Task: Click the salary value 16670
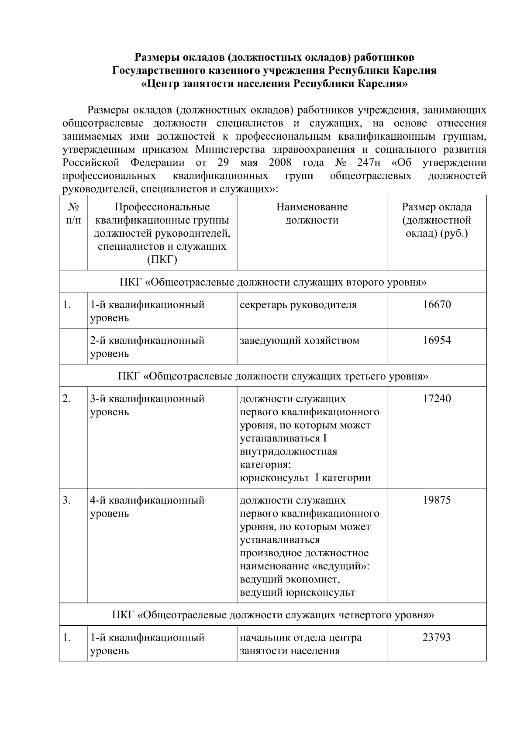point(436,304)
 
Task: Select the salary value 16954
point(436,340)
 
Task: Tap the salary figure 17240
point(436,399)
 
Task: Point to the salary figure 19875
point(436,500)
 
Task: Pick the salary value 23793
point(436,638)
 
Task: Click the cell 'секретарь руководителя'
point(298,304)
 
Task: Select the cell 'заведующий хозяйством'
point(300,340)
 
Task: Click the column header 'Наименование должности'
point(312,214)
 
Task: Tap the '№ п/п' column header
point(73,214)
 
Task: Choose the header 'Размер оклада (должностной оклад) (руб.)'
point(436,220)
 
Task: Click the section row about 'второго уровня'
point(273,282)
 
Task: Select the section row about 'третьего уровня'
point(273,376)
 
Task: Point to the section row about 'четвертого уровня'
point(273,615)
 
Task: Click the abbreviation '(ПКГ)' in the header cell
point(162,260)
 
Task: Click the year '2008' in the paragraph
point(280,163)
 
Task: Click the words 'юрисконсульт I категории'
point(305,478)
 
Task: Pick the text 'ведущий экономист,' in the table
point(290,579)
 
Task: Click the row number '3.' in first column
point(66,500)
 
